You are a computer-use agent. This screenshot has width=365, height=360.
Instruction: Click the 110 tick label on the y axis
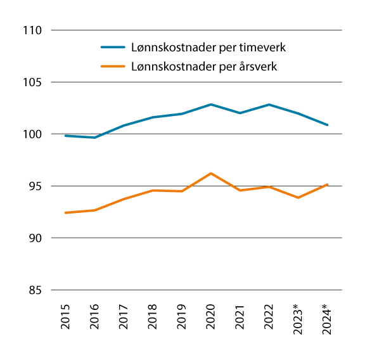(x=31, y=30)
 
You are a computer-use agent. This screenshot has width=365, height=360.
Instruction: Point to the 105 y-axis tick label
(x=31, y=82)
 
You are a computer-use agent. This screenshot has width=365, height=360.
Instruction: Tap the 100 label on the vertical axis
(x=31, y=134)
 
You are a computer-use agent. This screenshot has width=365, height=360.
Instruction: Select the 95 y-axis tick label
(x=34, y=186)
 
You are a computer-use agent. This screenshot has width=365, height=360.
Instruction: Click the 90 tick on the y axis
(x=34, y=238)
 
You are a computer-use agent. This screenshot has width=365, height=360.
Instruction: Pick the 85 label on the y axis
(x=34, y=290)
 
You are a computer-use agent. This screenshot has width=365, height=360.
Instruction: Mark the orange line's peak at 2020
(x=211, y=173)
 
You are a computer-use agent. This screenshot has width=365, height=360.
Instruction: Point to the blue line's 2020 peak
(x=211, y=104)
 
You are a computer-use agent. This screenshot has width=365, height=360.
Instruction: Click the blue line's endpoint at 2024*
(x=328, y=125)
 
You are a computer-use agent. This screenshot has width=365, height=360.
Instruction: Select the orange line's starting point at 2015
(x=65, y=212)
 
